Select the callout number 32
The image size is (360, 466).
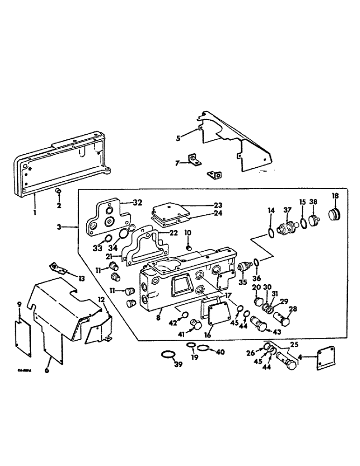click(137, 202)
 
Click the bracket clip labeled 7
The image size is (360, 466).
click(194, 162)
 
